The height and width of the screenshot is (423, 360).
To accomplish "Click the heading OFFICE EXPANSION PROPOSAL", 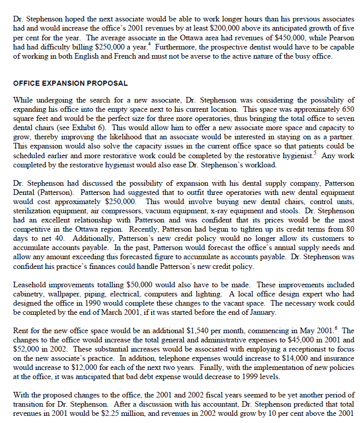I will click(70, 83).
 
